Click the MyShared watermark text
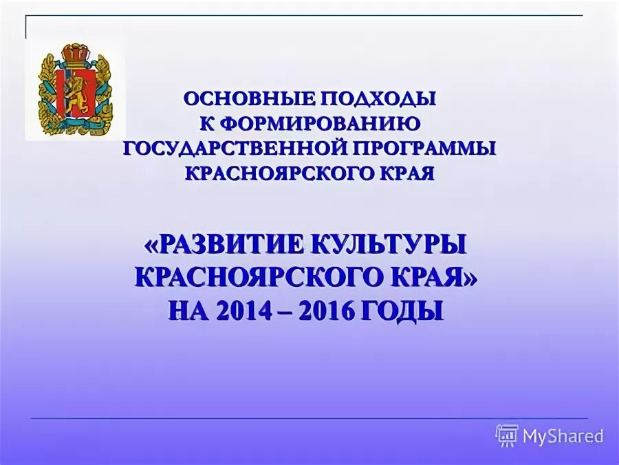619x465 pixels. click(x=563, y=435)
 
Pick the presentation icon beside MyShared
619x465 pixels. click(x=507, y=435)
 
